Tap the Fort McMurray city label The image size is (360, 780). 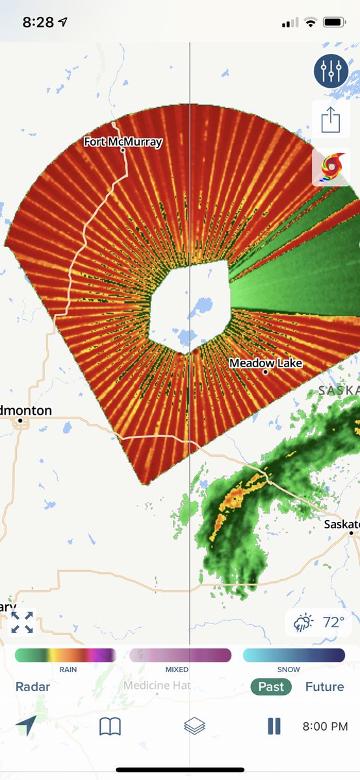[x=123, y=141]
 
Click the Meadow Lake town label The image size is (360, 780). [x=266, y=363]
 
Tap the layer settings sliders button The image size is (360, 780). [x=331, y=71]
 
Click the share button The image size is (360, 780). [x=331, y=119]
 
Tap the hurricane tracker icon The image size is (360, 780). [x=331, y=167]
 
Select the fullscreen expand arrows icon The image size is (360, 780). [x=22, y=622]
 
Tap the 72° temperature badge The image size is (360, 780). [x=320, y=622]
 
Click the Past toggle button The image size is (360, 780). [x=271, y=687]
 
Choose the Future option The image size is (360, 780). [x=324, y=687]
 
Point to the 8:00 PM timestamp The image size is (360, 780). [x=325, y=726]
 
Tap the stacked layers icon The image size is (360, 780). [x=194, y=726]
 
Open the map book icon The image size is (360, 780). [x=110, y=726]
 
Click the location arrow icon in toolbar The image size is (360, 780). [x=25, y=725]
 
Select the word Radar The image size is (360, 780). [x=32, y=687]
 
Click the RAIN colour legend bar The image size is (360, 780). [x=65, y=655]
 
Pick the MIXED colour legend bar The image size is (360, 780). [x=180, y=655]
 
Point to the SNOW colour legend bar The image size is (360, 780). [x=294, y=655]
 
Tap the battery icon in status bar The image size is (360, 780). [x=333, y=22]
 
